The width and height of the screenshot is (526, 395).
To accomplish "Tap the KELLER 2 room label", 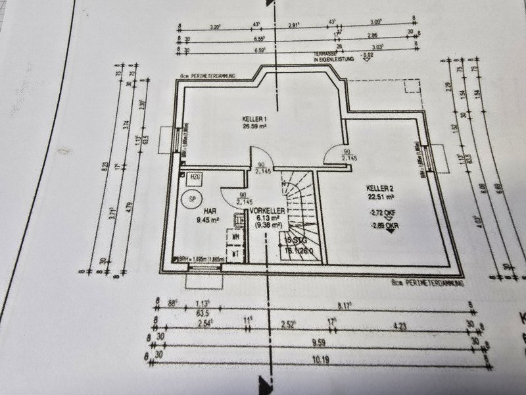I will (x=379, y=187).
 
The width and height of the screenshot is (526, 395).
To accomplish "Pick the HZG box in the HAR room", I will (x=195, y=177).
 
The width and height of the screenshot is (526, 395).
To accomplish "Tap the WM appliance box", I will (x=235, y=234).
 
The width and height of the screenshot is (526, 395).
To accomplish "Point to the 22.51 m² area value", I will (x=380, y=196).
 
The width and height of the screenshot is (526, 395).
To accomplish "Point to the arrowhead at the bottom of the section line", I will (x=266, y=382).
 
